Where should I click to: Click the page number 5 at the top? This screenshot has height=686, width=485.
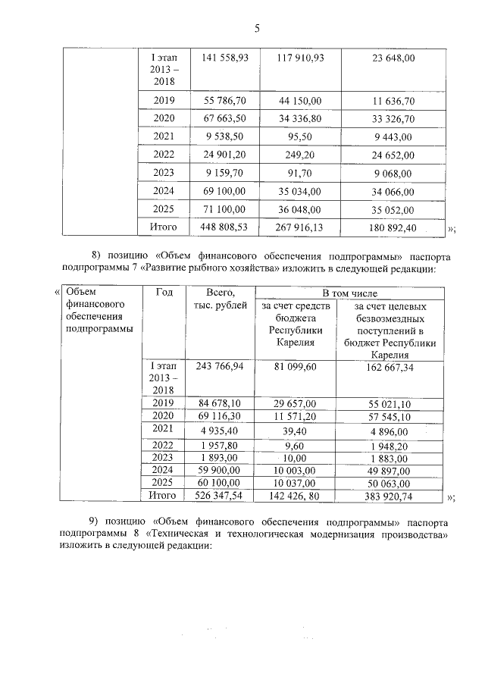coord(257,29)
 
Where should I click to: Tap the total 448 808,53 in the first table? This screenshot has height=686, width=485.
coord(224,227)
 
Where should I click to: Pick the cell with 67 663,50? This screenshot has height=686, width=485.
coord(224,119)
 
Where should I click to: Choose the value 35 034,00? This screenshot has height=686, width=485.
coord(301,191)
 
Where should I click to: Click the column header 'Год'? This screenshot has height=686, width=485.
coord(164,293)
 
